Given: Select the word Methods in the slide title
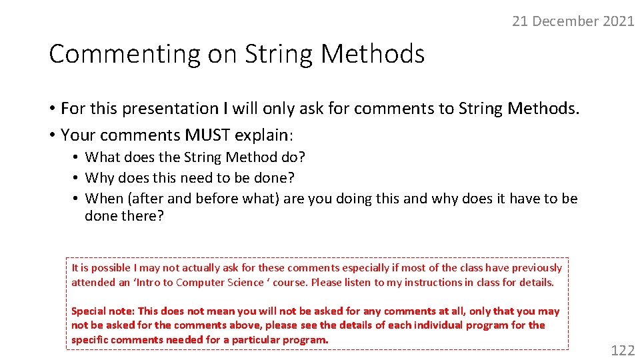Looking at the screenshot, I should [x=372, y=54].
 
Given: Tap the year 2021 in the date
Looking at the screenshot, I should [x=618, y=21].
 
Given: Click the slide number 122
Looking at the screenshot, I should [x=623, y=350].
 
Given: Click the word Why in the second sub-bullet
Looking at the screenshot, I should [x=100, y=178].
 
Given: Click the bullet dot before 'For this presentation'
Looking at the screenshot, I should [x=52, y=109].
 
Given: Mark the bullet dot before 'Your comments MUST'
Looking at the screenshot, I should [x=52, y=135].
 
